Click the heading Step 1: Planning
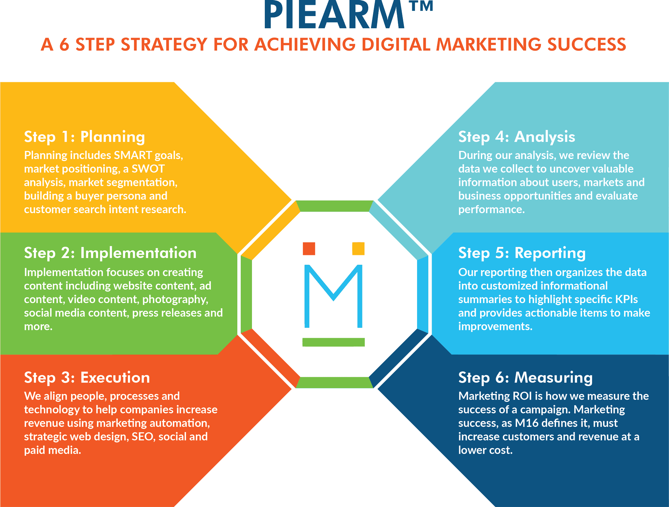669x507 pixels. pos(84,137)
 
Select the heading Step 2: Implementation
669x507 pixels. pos(110,253)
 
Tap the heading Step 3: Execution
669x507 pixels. pos(87,378)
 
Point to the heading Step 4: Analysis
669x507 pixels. pos(516,137)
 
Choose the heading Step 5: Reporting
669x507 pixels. pos(522,253)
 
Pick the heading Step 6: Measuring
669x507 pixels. pos(525,378)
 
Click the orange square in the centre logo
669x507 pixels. pos(309,249)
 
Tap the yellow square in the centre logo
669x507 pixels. pos(358,249)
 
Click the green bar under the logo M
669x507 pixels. pos(333,342)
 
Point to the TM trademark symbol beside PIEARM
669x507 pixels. pos(421,6)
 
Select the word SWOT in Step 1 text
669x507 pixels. pos(148,169)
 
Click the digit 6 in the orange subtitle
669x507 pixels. pos(64,45)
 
